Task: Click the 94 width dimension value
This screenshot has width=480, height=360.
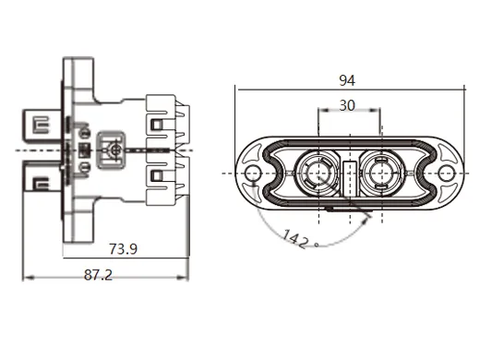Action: [x=346, y=80]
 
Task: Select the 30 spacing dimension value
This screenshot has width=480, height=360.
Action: [x=347, y=105]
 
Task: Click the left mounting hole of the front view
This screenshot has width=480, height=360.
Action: [x=250, y=174]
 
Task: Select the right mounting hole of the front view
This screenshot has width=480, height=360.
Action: [x=445, y=174]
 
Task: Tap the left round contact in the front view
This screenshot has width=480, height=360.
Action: [x=318, y=173]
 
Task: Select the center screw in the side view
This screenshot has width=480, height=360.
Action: [x=115, y=149]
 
